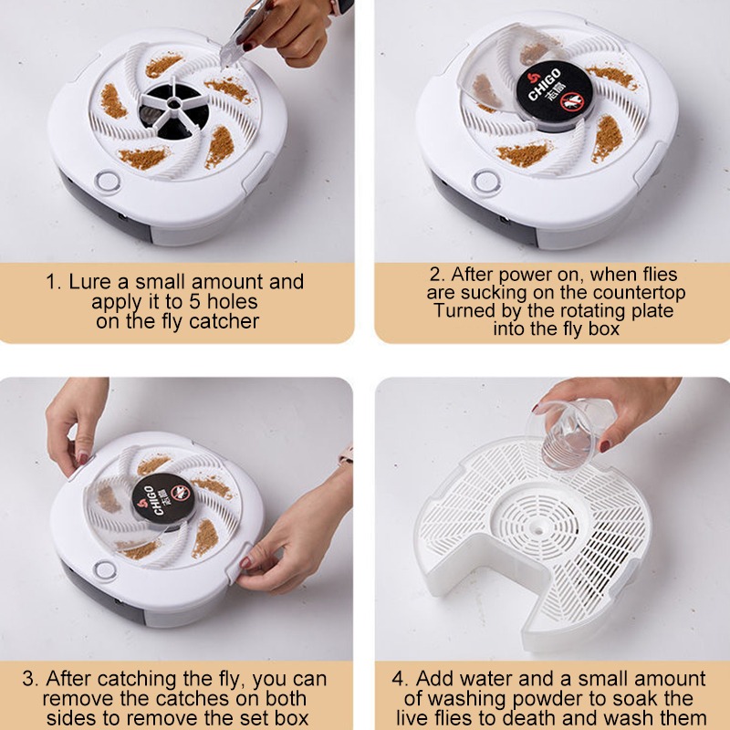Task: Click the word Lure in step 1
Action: click(89, 281)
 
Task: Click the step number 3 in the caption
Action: click(29, 679)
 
